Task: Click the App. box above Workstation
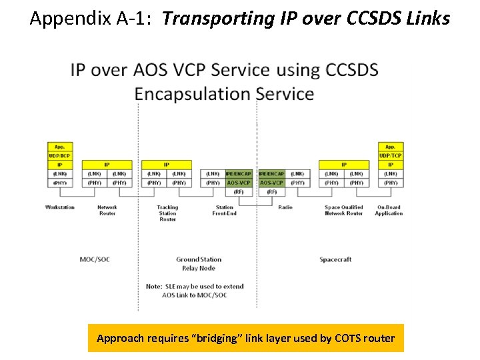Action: pos(59,147)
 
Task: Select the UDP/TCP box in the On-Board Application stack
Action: pos(390,155)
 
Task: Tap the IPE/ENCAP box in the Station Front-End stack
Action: pos(239,173)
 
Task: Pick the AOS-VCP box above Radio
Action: pos(271,182)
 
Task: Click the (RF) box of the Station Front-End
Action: pos(239,191)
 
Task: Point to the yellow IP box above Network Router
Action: pos(107,164)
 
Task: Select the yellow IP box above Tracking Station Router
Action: pos(166,164)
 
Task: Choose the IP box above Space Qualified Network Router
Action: pos(344,164)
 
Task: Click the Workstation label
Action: pos(59,207)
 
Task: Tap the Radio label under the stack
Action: pos(285,207)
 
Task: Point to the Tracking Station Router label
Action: pos(167,213)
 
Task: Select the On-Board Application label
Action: pos(389,210)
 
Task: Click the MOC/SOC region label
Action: pos(94,259)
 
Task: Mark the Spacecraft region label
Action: pos(335,259)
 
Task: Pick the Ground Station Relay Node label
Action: pos(199,263)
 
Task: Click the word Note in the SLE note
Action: pos(153,287)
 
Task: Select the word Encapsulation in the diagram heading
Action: pos(189,93)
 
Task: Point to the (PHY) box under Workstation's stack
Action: pos(59,182)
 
